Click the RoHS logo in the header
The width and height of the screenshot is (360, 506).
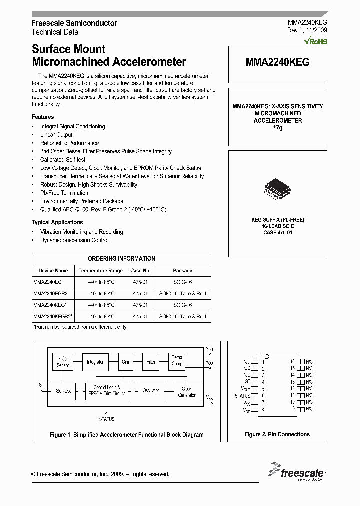coord(317,41)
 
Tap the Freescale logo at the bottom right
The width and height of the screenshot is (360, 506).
coord(296,471)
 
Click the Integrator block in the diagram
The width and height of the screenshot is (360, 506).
coord(95,362)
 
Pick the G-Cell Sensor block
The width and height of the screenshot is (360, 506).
coord(63,362)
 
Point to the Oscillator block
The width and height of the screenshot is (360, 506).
coord(151,390)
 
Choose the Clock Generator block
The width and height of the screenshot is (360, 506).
coord(186,391)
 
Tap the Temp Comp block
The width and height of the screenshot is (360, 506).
coord(177,361)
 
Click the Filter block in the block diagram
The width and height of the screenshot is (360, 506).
coord(151,362)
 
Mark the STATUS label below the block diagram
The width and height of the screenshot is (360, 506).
coord(106,419)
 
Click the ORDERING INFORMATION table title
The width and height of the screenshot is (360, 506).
coord(121,259)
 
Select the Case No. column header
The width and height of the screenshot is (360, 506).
coord(140,270)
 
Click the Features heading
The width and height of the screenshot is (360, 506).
coord(43,117)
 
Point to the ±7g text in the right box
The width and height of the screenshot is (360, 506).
coord(277,128)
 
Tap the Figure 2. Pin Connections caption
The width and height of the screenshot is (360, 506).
coord(277,434)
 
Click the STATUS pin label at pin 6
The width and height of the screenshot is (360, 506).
coord(242,395)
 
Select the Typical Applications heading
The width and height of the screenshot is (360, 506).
coord(57,222)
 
